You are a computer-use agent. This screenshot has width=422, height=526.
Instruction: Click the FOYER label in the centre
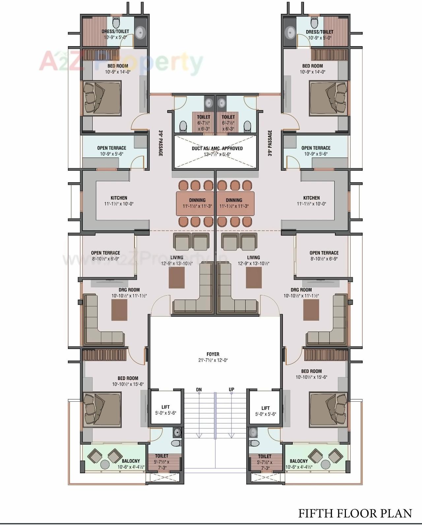[213, 354]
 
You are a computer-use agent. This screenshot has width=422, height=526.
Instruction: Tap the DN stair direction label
[199, 390]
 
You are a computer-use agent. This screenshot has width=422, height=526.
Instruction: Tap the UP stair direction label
[231, 390]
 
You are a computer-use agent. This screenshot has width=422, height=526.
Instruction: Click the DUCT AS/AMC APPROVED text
[217, 148]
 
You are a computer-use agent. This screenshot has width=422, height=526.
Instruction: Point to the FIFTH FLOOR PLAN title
[355, 513]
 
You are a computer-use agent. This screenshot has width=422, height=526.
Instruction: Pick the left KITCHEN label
[119, 198]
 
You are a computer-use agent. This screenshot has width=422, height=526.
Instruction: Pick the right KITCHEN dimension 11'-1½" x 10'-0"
[312, 204]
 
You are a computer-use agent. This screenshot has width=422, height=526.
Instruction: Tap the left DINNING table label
[197, 200]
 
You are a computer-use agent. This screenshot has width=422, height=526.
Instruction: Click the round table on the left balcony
[105, 465]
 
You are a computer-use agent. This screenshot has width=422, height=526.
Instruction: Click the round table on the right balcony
[325, 465]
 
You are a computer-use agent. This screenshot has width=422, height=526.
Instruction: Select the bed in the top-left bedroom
[101, 98]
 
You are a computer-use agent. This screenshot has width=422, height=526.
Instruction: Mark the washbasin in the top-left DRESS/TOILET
[140, 33]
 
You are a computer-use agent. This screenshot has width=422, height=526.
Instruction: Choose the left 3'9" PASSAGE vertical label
[161, 143]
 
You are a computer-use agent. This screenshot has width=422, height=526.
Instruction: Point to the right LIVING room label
[254, 257]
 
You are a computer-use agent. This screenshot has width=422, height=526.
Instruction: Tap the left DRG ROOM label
[129, 290]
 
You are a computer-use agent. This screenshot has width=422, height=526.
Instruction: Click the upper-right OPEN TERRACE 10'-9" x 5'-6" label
[316, 148]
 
